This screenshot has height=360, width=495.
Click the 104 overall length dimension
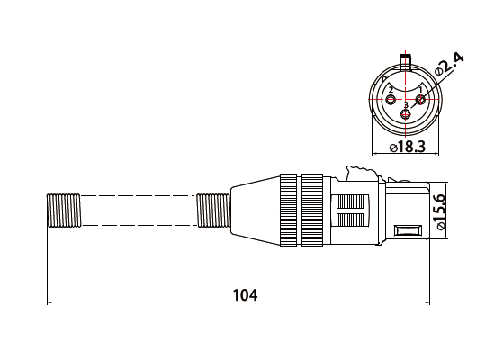tap(245, 295)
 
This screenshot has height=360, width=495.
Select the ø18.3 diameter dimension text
tap(407, 147)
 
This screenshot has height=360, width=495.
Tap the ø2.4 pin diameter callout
tap(448, 63)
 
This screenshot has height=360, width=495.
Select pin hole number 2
tap(391, 98)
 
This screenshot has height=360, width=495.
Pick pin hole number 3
tap(406, 114)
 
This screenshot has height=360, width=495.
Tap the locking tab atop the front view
tap(406, 62)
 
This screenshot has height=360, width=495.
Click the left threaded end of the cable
tap(64, 211)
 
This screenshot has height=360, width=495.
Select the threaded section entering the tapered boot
tap(212, 211)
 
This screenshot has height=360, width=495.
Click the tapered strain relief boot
tap(253, 211)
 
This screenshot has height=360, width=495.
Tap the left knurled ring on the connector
tap(289, 211)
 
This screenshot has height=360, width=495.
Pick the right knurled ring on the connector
tap(313, 211)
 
